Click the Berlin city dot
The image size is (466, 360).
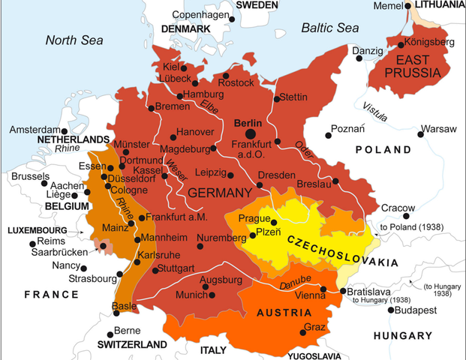point(249,133)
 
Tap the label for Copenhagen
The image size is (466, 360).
point(200,15)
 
